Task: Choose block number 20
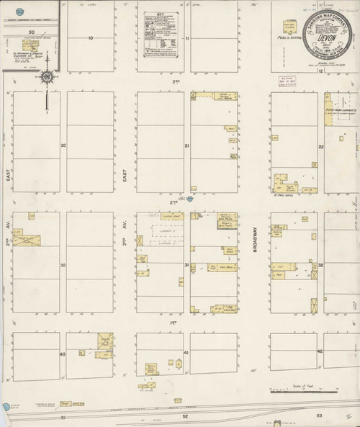[63, 145]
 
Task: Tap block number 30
[63, 265]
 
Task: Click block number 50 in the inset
[31, 32]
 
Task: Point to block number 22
[321, 146]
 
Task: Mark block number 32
[321, 265]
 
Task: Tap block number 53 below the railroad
[320, 416]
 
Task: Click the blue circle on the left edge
[6, 408]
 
